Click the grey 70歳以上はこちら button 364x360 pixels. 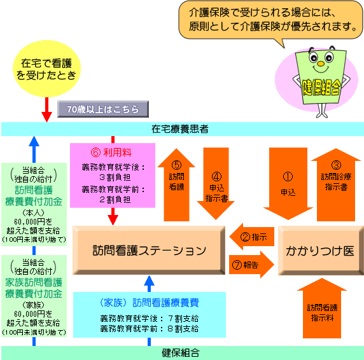click(103, 109)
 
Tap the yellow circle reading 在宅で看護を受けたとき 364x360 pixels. click(46, 69)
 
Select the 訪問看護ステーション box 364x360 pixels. click(149, 251)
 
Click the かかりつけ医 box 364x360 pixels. click(321, 251)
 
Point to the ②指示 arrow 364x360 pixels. click(252, 237)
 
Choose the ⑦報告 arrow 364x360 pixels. click(251, 265)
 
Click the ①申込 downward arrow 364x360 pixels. click(288, 183)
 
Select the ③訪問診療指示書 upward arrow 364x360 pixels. click(336, 184)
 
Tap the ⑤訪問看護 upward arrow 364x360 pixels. click(176, 184)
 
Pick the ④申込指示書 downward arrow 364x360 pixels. click(216, 183)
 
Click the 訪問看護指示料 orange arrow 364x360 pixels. click(322, 308)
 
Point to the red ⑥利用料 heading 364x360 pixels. click(111, 153)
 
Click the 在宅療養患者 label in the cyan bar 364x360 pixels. click(180, 129)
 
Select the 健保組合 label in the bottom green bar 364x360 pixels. click(181, 353)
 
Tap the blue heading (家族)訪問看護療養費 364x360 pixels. click(150, 303)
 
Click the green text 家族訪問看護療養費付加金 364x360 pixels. click(34, 288)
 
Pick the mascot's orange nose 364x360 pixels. click(321, 64)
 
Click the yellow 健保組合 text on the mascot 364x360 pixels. click(321, 87)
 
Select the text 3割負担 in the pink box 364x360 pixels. click(115, 177)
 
